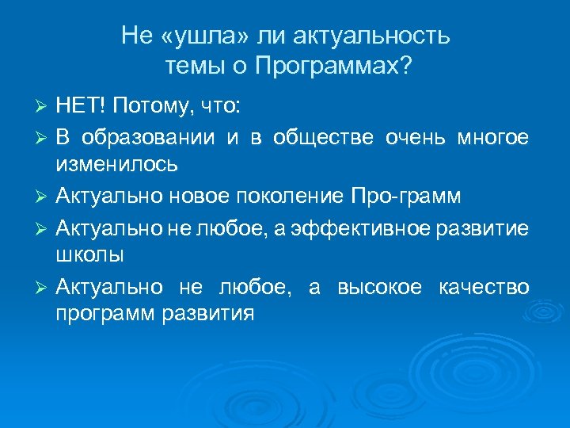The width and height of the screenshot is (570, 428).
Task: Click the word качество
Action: (x=484, y=286)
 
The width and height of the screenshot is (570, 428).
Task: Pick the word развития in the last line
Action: (x=207, y=315)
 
